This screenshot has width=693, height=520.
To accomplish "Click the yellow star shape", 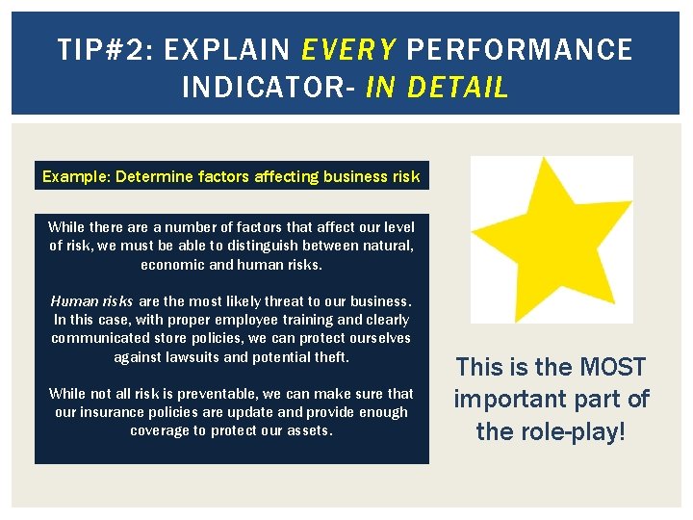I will click(x=551, y=236).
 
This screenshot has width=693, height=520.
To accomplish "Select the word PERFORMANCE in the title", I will click(x=520, y=49).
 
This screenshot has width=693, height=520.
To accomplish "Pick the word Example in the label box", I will click(x=75, y=176).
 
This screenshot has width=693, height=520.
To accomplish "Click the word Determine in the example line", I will click(x=156, y=176).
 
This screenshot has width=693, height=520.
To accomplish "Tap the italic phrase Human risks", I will click(x=92, y=300).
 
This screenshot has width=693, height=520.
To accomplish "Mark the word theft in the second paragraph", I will click(x=328, y=356).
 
